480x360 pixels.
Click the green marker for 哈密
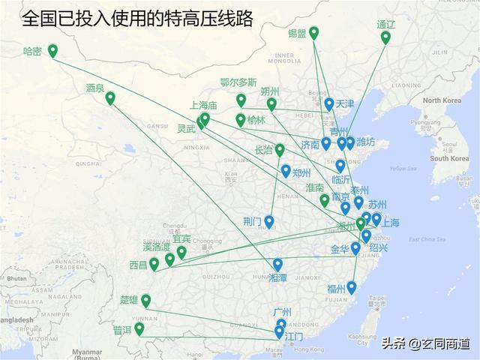(x=52, y=50)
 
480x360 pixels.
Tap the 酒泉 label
(x=95, y=88)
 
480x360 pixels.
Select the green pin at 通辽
(x=385, y=37)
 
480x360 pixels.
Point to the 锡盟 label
(x=297, y=33)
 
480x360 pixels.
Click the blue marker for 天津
(x=329, y=103)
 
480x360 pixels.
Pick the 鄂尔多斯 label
(x=238, y=82)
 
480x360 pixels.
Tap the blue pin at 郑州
(x=286, y=171)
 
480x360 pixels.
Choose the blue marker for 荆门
(x=268, y=221)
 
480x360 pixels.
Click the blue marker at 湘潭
(x=277, y=264)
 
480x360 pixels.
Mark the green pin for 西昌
(x=154, y=263)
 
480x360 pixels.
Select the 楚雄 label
(x=130, y=300)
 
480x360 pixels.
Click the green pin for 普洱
(x=139, y=328)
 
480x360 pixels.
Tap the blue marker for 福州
(x=351, y=286)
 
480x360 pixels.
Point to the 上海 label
(x=390, y=223)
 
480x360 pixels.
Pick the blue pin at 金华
(x=355, y=247)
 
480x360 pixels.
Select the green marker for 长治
(x=280, y=150)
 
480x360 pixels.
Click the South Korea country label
(x=449, y=158)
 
